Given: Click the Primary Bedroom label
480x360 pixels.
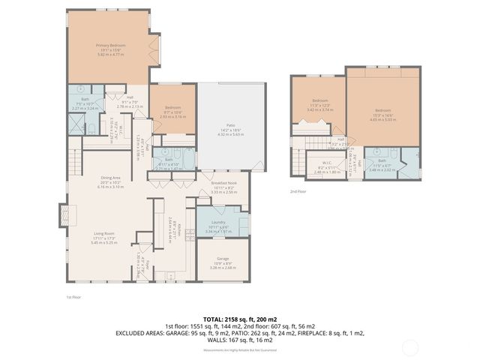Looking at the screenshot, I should tap(109, 49).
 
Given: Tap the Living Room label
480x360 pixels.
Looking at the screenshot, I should tap(100, 239).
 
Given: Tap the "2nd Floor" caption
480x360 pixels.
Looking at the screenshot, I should tap(298, 191).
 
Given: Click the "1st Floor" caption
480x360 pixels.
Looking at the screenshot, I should tap(73, 297).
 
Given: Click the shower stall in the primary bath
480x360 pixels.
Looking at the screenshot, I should tap(76, 127).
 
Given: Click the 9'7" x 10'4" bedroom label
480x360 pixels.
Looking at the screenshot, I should tap(173, 113).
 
